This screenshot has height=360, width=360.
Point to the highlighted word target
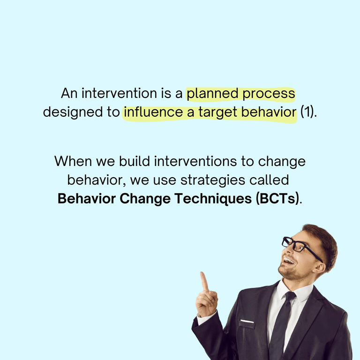(218, 113)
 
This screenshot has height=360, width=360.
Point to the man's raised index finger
(204, 281)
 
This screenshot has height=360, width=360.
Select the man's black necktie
(282, 323)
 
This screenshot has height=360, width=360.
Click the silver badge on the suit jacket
(247, 321)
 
